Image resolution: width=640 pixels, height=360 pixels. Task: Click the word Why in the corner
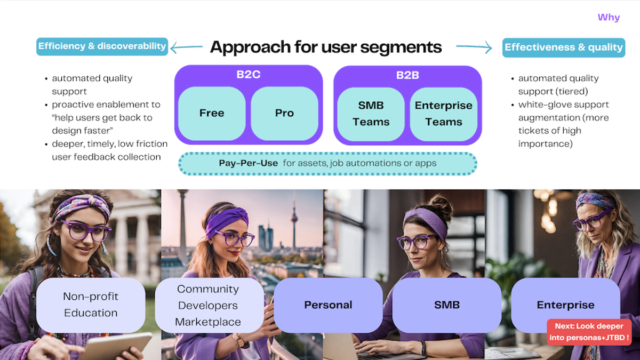[609, 18]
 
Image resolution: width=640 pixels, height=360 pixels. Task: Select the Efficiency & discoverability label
[102, 46]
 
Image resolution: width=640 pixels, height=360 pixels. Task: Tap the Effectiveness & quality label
[564, 47]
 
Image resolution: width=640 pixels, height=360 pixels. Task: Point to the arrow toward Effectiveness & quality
[474, 47]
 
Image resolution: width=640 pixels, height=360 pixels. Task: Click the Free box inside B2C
[212, 113]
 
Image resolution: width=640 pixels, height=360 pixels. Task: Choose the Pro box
[284, 113]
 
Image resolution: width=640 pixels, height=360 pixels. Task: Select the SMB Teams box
[371, 114]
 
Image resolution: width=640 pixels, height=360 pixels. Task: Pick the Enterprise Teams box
[444, 114]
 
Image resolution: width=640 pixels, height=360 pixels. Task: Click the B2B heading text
[407, 75]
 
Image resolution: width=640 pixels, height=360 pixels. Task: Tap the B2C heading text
[249, 75]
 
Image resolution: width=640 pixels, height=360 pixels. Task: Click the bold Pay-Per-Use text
[248, 163]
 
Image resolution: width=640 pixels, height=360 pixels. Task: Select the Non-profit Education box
[91, 305]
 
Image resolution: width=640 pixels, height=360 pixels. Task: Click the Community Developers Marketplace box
[208, 305]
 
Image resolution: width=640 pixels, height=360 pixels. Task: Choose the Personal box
[328, 305]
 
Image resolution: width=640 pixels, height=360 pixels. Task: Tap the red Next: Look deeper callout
[589, 332]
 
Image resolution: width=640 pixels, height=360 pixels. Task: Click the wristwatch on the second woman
[238, 340]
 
